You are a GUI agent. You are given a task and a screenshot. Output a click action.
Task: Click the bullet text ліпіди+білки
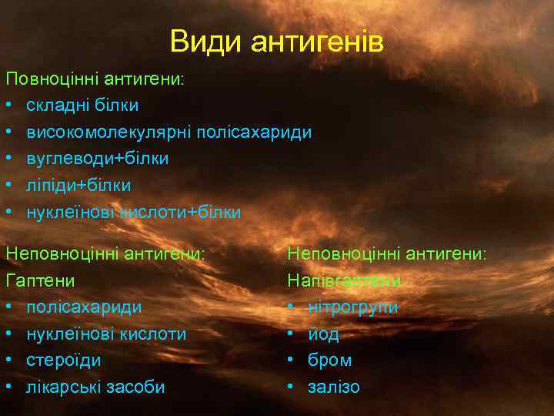pos(78,185)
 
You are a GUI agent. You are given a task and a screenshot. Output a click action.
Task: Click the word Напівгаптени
pos(344,280)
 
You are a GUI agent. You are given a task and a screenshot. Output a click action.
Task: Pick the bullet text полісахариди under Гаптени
pos(84,307)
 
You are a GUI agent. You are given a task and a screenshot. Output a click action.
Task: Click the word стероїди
pos(64,360)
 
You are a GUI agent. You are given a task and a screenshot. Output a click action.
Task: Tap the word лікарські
pos(61,387)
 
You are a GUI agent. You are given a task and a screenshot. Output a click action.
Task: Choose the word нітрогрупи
pos(352,307)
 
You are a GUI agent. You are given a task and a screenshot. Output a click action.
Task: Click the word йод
pos(323,334)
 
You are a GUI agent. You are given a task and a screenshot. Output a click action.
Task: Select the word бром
pos(329,360)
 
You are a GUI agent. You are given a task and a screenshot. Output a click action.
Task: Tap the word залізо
pos(333,387)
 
